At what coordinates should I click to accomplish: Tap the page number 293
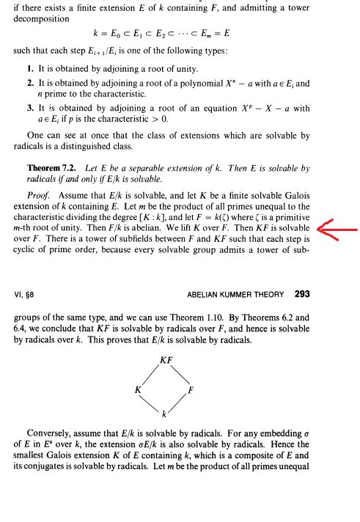[301, 294]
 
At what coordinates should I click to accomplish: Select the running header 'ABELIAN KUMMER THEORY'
[235, 295]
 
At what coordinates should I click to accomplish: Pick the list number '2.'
[30, 84]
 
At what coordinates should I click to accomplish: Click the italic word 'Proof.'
[39, 196]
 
